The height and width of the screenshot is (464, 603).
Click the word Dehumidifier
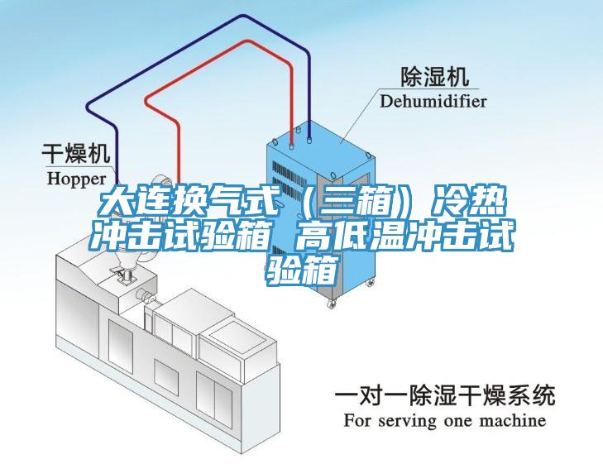point(433,101)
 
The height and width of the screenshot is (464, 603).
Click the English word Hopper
point(76,177)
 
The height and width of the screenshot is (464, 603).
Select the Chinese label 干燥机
point(76,154)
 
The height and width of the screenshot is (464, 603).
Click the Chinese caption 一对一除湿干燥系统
point(444,395)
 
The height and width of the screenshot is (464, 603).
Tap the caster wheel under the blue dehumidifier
point(333,304)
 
